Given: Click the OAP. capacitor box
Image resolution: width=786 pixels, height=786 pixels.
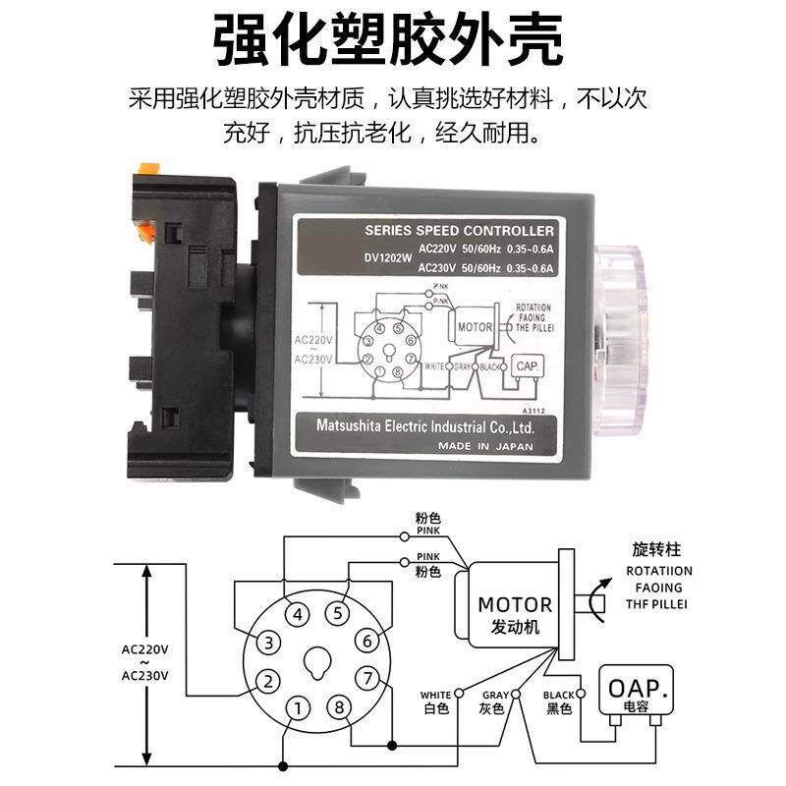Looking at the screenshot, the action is pyautogui.click(x=640, y=689).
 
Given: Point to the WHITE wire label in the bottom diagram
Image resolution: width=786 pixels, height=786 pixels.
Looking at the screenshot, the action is pyautogui.click(x=435, y=695).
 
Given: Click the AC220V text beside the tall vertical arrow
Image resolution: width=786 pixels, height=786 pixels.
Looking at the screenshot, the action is pyautogui.click(x=145, y=649).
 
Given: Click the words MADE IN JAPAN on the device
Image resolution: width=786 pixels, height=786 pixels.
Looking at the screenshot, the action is pyautogui.click(x=486, y=446).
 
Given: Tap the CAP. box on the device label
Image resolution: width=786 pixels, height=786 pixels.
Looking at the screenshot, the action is pyautogui.click(x=525, y=365).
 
